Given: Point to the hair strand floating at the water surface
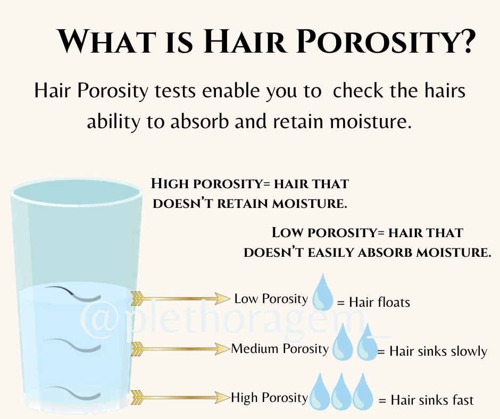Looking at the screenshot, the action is pos(73,294).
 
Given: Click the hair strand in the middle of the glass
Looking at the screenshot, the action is pos(74,345).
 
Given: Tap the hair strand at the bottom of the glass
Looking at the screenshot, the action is pos(73,393).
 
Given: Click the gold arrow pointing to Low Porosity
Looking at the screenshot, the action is pos(180,299).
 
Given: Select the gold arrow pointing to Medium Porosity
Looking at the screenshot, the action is pos(180,349).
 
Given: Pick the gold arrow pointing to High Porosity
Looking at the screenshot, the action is pos(180,398).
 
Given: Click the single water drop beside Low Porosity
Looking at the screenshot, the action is pos(322,292).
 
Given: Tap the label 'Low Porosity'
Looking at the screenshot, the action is pos(271,299).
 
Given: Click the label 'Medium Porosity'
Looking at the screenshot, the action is pos(280,349).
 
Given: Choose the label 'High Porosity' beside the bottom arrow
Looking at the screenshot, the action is pos(270,398).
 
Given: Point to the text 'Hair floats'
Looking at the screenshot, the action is pos(379,303).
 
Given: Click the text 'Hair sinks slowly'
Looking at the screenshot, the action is pos(438,351).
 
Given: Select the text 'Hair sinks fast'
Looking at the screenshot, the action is pos(432,400).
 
